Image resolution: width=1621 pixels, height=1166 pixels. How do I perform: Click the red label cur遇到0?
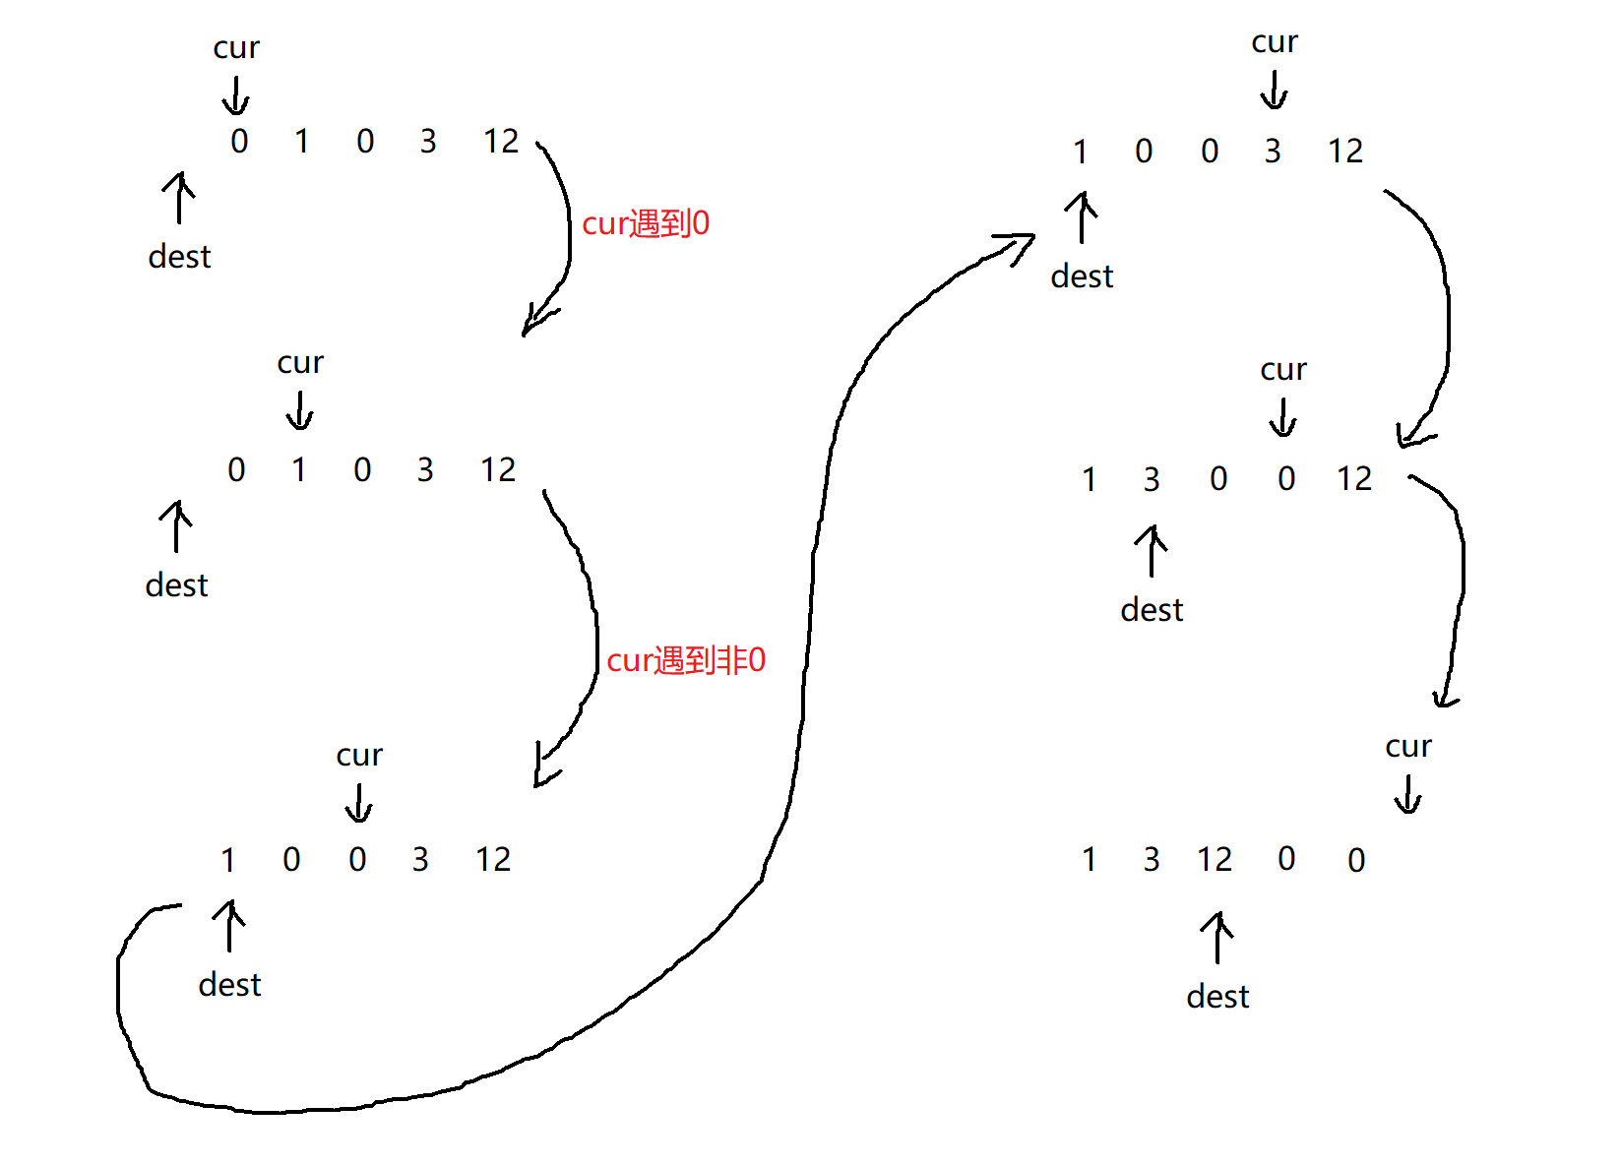(646, 224)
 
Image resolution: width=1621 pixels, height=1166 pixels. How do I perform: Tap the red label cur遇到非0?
(686, 660)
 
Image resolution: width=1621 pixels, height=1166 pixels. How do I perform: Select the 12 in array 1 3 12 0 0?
(1215, 860)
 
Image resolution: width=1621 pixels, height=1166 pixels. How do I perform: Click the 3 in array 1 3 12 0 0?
(1152, 860)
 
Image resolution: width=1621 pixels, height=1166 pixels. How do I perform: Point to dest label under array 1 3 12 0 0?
(1217, 997)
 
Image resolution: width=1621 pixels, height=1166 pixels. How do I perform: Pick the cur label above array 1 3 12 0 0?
(1408, 747)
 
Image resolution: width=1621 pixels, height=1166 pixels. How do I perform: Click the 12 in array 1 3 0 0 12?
(1354, 479)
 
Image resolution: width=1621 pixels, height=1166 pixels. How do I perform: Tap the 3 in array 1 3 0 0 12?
(1152, 479)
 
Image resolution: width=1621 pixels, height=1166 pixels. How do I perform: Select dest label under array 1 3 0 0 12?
(1152, 610)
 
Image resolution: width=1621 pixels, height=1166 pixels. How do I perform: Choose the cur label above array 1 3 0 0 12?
(1283, 370)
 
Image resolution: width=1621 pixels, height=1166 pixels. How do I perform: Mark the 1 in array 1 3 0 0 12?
(1090, 479)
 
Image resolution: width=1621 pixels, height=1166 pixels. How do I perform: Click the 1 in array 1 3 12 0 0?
(1090, 860)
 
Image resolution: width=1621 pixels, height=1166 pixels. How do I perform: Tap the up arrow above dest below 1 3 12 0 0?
(1217, 937)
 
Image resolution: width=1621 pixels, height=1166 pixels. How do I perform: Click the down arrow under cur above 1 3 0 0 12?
(1282, 417)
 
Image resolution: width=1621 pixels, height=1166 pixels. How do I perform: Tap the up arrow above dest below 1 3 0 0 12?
(1152, 550)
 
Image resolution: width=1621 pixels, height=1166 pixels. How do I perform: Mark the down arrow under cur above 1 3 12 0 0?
(1408, 794)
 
